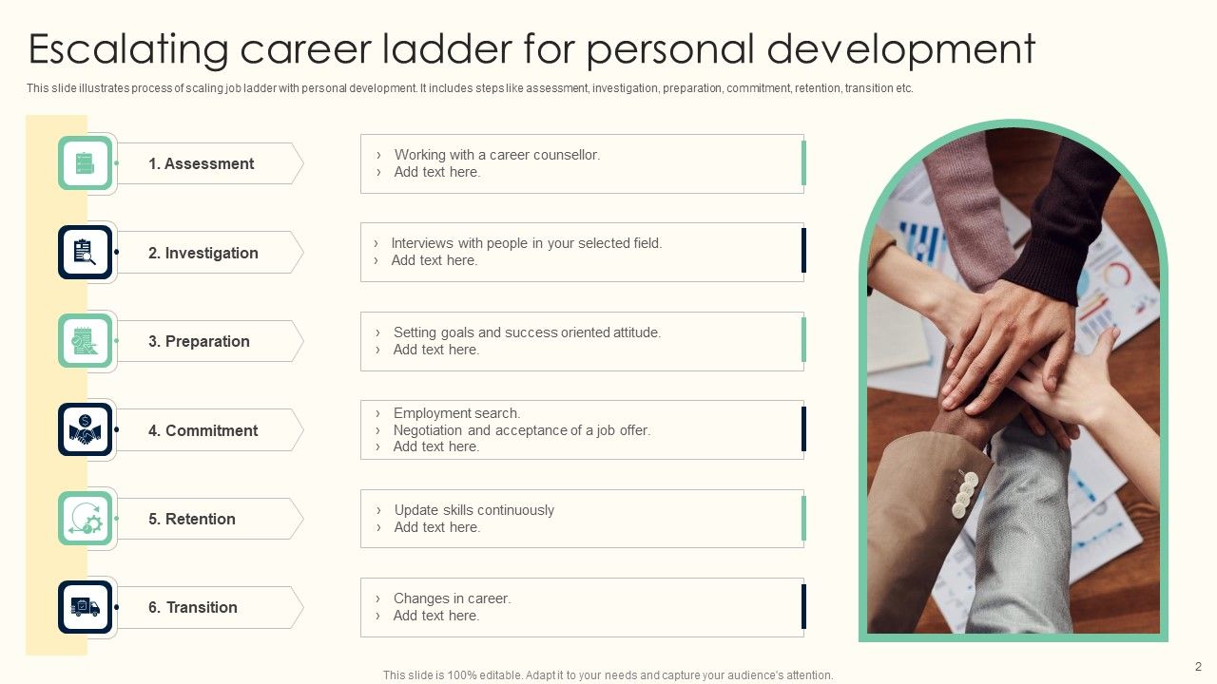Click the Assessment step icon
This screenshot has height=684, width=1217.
[x=85, y=163]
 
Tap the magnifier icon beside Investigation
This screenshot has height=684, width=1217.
[x=85, y=253]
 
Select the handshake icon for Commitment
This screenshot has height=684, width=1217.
[x=85, y=430]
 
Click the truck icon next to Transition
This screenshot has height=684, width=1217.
[x=85, y=607]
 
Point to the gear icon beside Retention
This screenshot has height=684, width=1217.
[x=85, y=519]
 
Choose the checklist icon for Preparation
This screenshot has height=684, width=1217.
[x=85, y=341]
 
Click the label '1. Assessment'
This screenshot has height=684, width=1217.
[x=201, y=163]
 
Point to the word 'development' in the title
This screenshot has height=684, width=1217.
[x=900, y=49]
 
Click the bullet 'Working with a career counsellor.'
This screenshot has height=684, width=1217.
[x=496, y=155]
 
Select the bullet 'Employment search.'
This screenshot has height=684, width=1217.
[x=456, y=413]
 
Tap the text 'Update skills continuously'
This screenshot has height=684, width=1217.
[x=473, y=510]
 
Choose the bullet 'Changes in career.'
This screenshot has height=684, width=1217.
[x=452, y=598]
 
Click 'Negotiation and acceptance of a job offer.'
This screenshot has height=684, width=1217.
[x=521, y=430]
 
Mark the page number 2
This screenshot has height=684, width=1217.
[x=1198, y=667]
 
